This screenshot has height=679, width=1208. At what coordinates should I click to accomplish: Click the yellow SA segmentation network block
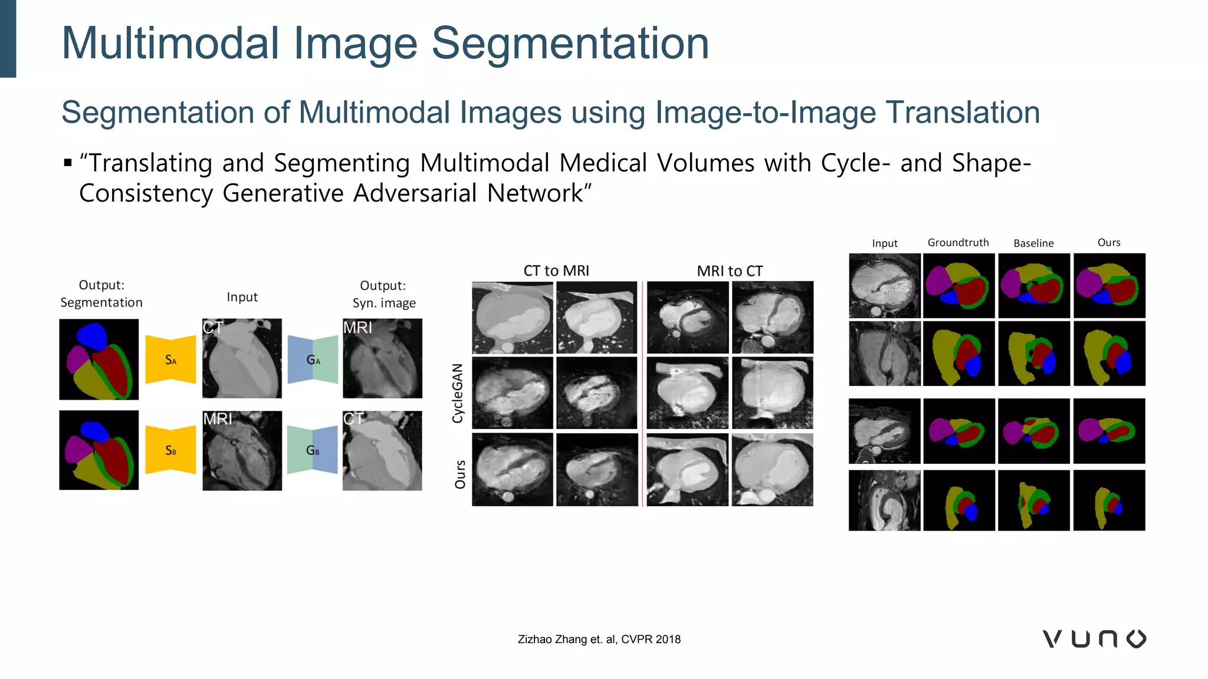click(170, 360)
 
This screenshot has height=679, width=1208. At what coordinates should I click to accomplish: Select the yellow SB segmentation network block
click(170, 450)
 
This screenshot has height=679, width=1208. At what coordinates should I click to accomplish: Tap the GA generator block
click(313, 360)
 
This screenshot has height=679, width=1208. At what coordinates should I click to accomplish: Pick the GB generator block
click(313, 450)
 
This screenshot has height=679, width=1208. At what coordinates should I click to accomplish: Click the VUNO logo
click(1094, 639)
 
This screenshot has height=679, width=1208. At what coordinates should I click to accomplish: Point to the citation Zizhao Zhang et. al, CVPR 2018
click(599, 640)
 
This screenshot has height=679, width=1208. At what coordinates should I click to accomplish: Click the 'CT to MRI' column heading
click(556, 271)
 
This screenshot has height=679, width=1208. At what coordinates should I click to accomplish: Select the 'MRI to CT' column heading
click(730, 271)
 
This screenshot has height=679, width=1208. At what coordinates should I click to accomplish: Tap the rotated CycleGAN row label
click(458, 393)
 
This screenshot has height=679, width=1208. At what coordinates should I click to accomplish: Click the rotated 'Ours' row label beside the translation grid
click(460, 474)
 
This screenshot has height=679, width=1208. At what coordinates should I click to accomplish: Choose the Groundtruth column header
click(958, 242)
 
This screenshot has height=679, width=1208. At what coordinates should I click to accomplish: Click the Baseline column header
click(1033, 243)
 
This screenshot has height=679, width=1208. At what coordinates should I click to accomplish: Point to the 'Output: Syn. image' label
click(383, 294)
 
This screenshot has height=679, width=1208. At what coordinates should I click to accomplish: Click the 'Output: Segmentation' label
click(101, 294)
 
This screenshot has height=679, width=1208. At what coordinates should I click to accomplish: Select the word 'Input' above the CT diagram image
click(242, 297)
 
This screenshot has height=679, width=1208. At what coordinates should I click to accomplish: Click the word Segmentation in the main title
click(570, 44)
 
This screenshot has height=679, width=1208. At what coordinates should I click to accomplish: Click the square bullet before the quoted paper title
click(68, 163)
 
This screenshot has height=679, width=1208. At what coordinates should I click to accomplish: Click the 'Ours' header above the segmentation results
click(1109, 242)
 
